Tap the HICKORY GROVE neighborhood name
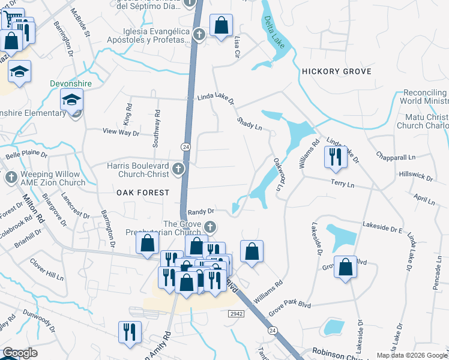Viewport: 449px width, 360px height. [337, 71]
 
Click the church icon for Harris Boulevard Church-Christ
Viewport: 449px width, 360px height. [177, 169]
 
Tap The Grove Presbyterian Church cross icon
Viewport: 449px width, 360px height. [209, 227]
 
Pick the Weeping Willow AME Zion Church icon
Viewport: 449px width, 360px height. [11, 178]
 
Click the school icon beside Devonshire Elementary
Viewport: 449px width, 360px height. [72, 100]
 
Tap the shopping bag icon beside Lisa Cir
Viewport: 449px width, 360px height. [221, 26]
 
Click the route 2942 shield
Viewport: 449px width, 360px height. [236, 314]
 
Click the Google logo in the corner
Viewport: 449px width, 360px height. [19, 353]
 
